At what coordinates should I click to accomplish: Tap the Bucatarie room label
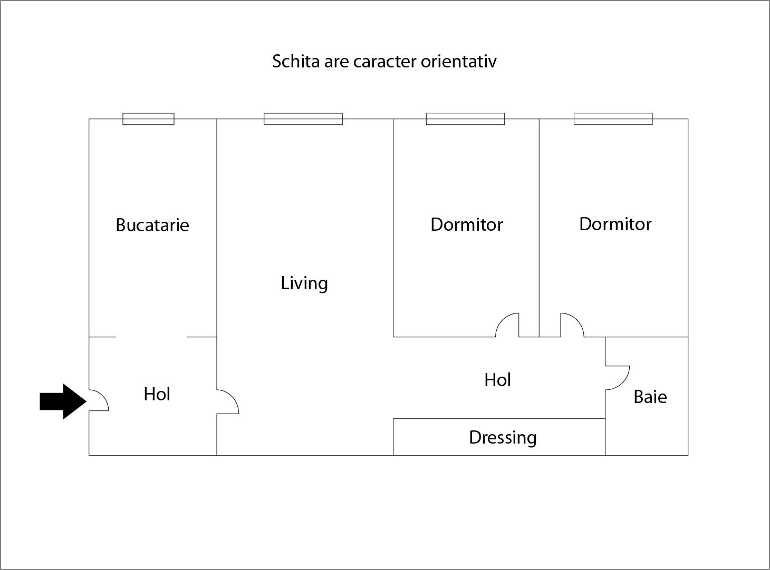click(152, 225)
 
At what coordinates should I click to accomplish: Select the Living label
click(304, 283)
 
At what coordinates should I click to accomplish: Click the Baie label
click(650, 397)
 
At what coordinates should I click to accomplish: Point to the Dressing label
click(503, 437)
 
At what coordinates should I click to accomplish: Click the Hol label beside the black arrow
click(157, 394)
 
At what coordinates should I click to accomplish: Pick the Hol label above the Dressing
click(497, 380)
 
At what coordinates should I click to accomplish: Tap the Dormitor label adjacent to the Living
click(466, 224)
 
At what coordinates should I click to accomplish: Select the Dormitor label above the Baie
click(615, 224)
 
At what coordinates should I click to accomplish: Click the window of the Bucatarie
click(148, 119)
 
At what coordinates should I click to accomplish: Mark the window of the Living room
click(303, 119)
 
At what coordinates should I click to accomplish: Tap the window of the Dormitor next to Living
click(465, 119)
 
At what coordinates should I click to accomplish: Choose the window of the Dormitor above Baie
click(613, 119)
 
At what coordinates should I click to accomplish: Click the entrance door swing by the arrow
click(99, 400)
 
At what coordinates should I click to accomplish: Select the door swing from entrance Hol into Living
click(228, 402)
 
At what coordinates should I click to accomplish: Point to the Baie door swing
click(617, 378)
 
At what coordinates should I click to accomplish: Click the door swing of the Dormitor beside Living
click(507, 325)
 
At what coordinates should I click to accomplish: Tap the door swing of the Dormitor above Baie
click(572, 325)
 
